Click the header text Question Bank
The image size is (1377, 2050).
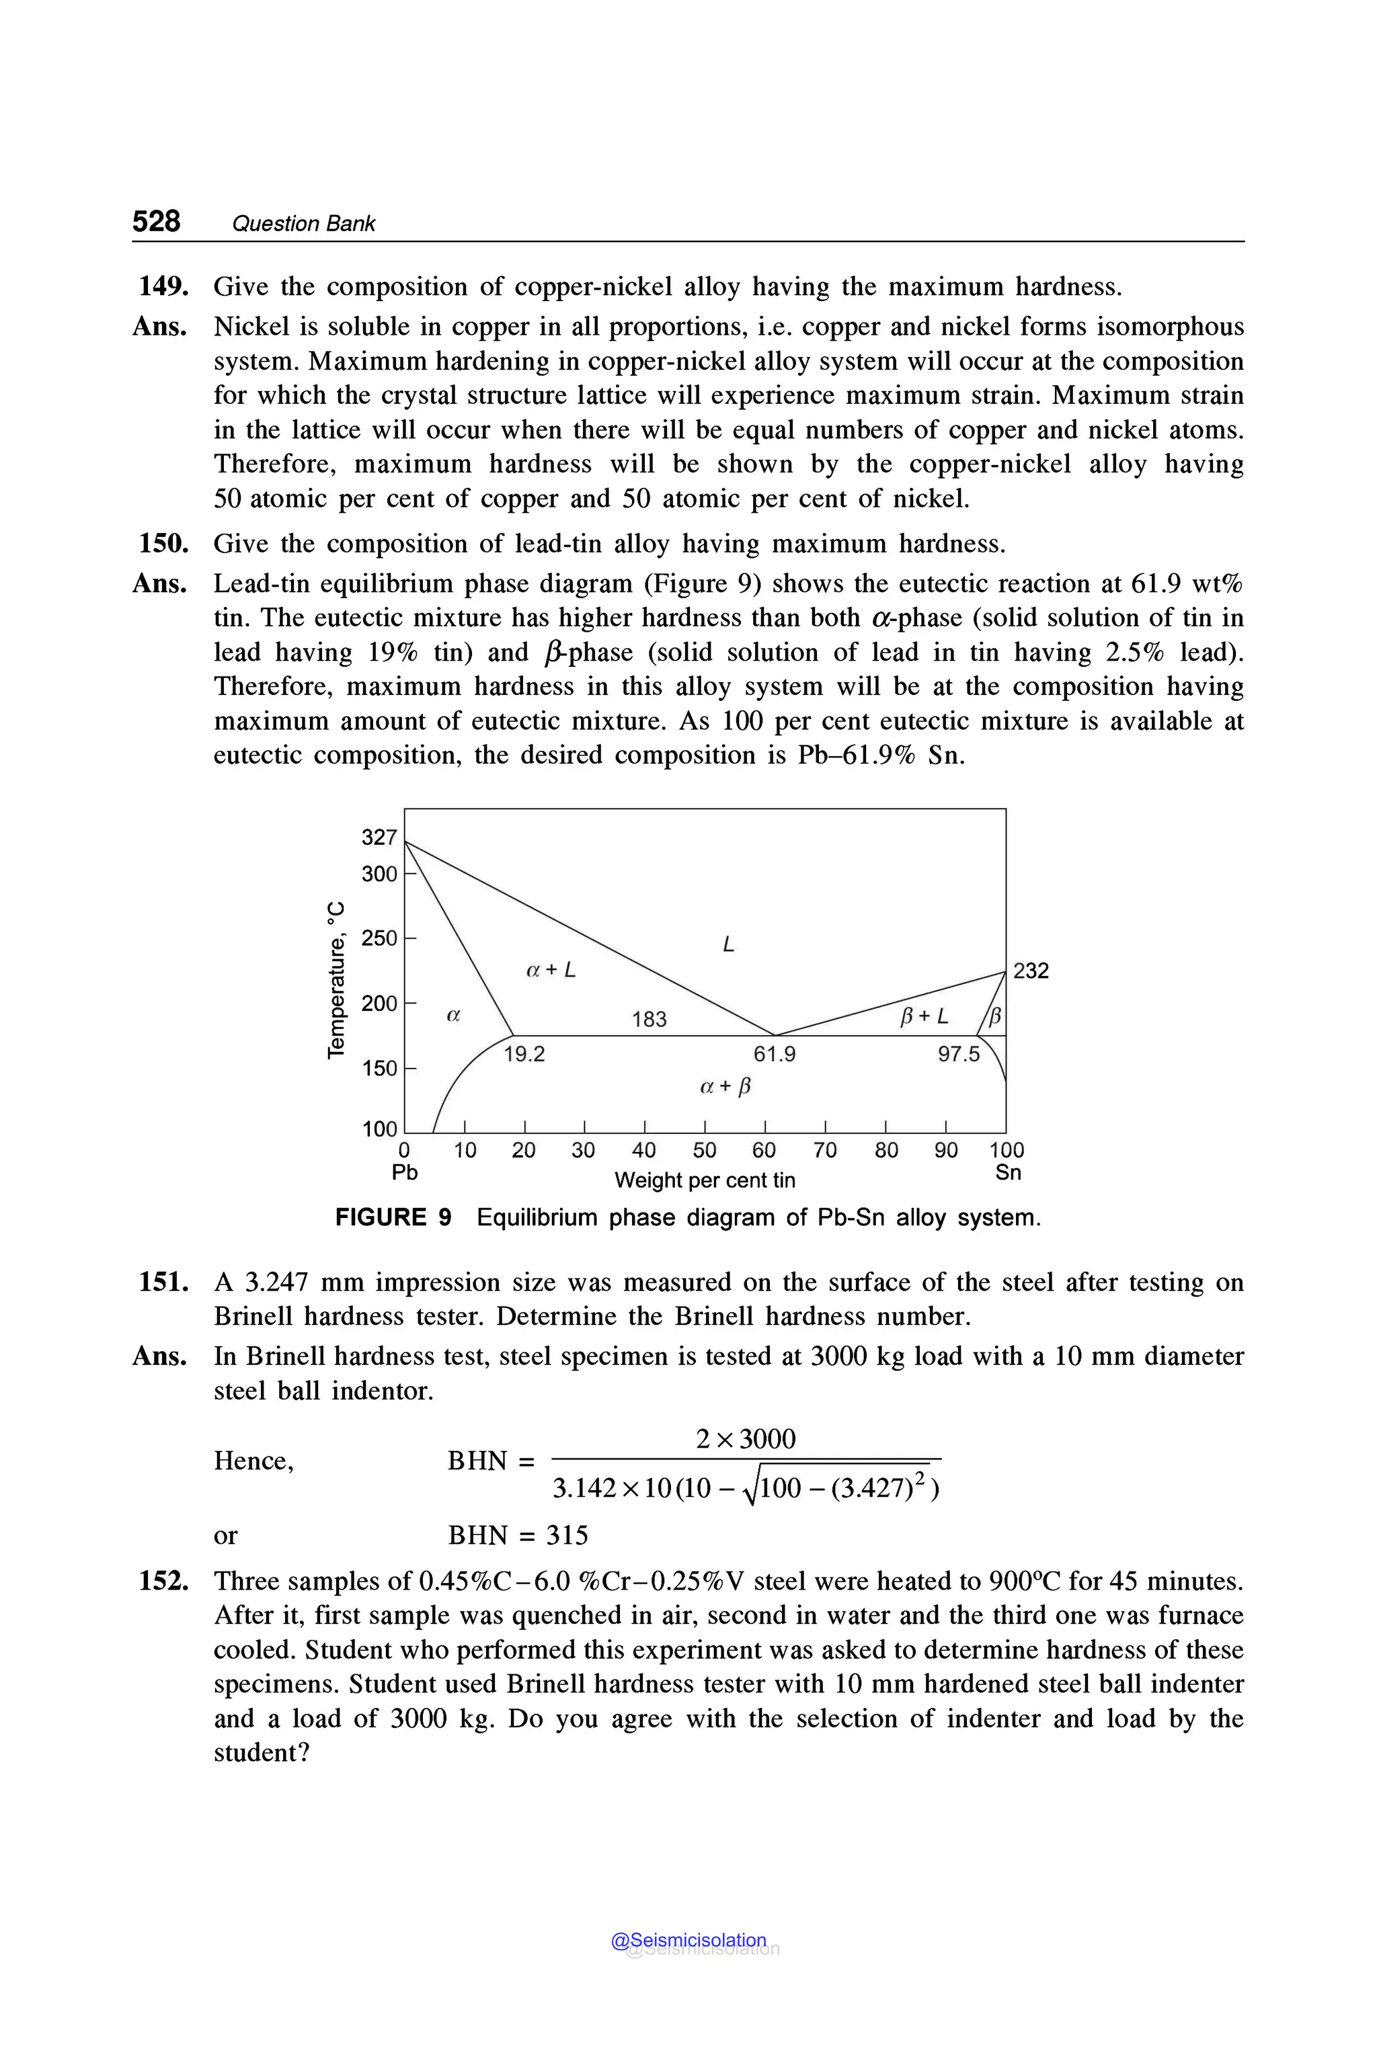(x=303, y=224)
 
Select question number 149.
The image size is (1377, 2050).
(x=163, y=286)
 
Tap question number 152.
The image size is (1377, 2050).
(x=163, y=1580)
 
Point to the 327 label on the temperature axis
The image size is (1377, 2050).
(x=379, y=837)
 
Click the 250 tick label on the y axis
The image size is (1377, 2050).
(x=379, y=938)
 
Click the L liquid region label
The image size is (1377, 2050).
(x=728, y=944)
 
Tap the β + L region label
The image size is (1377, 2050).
(x=924, y=1017)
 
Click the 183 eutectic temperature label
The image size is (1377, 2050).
(x=649, y=1020)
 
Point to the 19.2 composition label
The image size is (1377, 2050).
(x=524, y=1055)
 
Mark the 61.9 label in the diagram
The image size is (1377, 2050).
(x=775, y=1055)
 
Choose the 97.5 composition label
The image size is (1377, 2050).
(x=958, y=1055)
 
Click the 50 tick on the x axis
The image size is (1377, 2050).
(x=705, y=1150)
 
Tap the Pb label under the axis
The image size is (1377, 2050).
(x=405, y=1172)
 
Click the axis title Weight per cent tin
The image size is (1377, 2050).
(x=705, y=1180)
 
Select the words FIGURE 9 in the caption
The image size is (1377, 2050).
(x=393, y=1218)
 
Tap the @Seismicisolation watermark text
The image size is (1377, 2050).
(x=688, y=1939)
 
